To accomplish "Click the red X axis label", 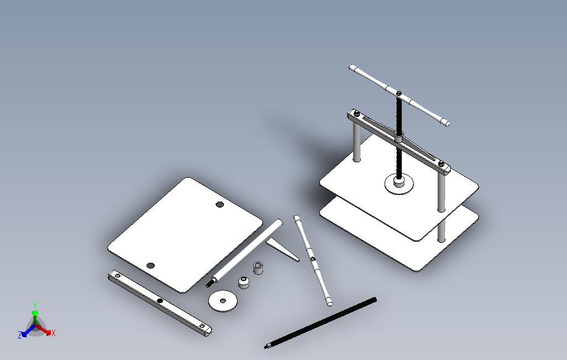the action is click(x=54, y=333).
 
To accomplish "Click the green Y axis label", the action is click(x=35, y=305).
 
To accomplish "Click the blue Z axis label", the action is click(x=20, y=335).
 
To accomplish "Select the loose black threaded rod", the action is click(x=321, y=323).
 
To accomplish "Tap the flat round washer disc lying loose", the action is click(x=223, y=300).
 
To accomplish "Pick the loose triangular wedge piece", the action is click(x=282, y=249).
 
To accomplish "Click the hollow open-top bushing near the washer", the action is click(x=258, y=267).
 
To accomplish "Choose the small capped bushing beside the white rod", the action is click(x=244, y=282).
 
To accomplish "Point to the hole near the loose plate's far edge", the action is click(x=219, y=205).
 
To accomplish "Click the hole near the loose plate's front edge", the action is click(x=150, y=266).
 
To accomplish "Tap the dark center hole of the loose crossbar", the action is click(x=160, y=301).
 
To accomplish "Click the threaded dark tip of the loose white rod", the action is click(x=209, y=283).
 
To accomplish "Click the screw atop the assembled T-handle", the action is click(x=399, y=93).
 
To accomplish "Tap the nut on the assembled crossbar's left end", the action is click(x=356, y=113).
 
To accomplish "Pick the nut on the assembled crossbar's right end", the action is click(x=442, y=163).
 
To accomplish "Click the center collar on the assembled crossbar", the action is click(x=398, y=137).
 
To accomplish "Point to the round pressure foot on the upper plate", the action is click(x=399, y=184).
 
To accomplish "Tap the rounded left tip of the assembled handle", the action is click(x=351, y=67).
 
